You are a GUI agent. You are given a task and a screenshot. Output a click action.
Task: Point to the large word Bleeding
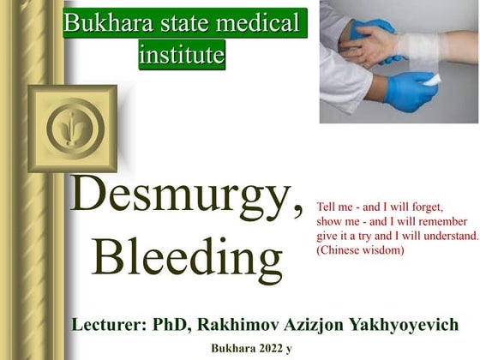(x=186, y=255)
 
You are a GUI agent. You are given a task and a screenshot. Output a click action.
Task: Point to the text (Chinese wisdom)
(x=360, y=250)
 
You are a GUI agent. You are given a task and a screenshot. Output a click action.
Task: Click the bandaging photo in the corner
(x=399, y=62)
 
